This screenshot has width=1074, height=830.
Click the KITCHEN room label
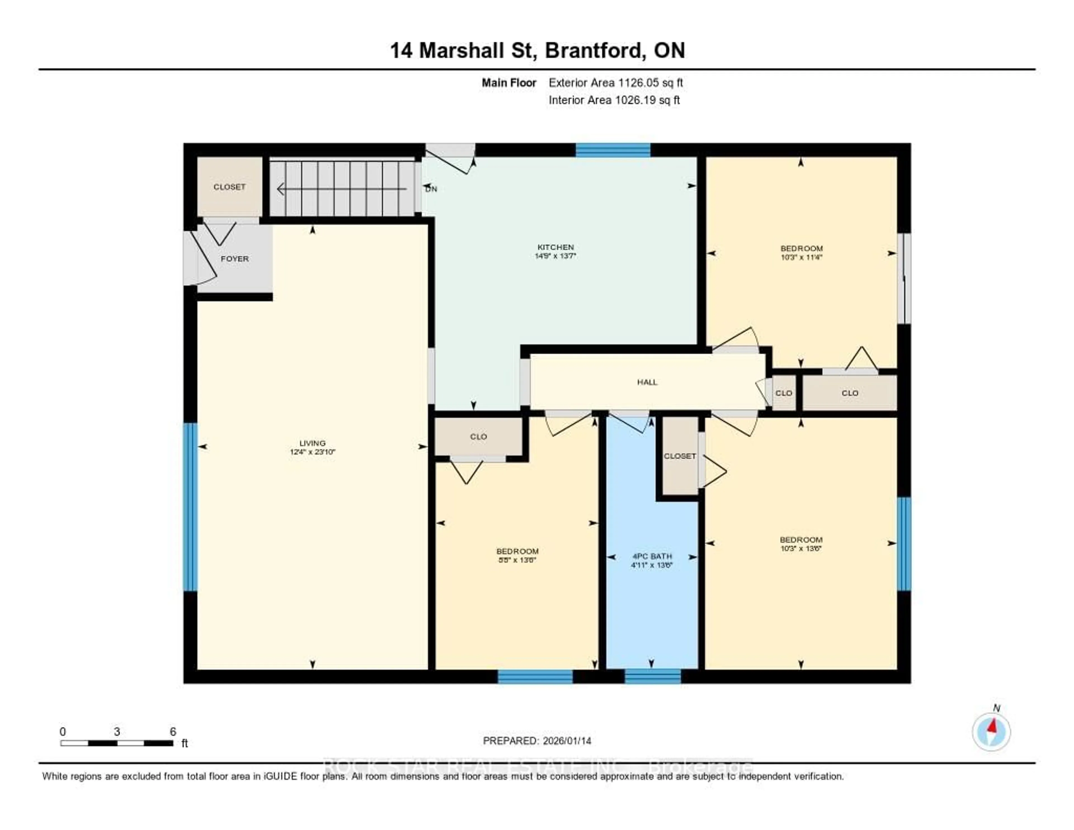pos(555,247)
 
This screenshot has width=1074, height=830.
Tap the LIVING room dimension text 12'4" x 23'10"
pos(312,452)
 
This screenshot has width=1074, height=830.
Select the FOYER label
pos(235,259)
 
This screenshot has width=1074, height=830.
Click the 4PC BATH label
pos(652,556)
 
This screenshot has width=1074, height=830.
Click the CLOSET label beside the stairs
pos(229,187)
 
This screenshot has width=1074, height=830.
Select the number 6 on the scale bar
pos(173,731)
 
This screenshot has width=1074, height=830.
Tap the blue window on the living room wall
pos(190,507)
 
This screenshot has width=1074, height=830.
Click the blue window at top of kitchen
pos(613,150)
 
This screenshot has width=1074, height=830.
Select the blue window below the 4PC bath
pos(653,676)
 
